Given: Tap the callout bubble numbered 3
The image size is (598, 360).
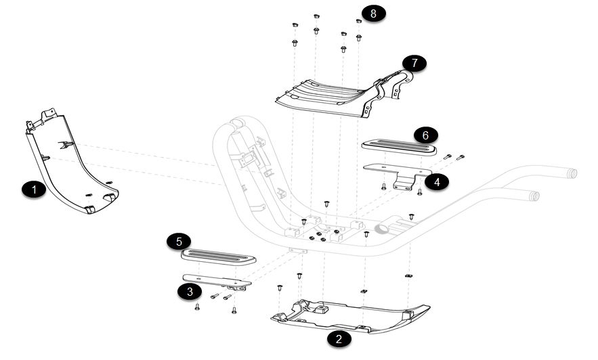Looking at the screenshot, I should click(x=190, y=292).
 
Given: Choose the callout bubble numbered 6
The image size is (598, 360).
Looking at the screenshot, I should click(x=425, y=135).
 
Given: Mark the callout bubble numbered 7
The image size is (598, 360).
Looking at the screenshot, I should click(x=414, y=63).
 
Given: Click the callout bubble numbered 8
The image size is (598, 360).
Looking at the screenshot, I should click(x=373, y=13).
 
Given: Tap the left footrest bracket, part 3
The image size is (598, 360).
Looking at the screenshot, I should click(x=217, y=280).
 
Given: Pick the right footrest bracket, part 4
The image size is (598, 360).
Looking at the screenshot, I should click(x=396, y=172).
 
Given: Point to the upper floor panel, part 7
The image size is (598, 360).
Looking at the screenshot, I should click(x=325, y=95).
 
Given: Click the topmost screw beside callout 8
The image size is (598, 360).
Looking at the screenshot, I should click(x=316, y=16).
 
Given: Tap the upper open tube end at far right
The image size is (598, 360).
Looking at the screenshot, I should click(x=572, y=173).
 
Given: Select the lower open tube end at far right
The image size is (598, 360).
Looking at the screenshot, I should click(x=535, y=196).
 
